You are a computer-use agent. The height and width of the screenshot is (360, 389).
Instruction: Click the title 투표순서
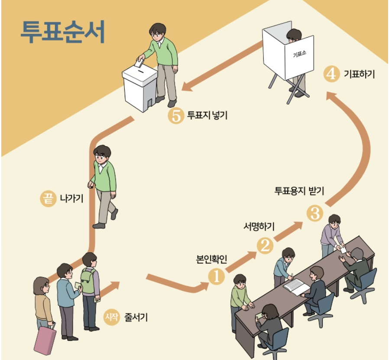coord(63,32)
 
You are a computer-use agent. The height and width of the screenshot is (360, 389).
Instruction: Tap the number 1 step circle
coord(216,276)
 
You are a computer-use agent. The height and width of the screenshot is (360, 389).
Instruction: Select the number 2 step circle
coord(265,246)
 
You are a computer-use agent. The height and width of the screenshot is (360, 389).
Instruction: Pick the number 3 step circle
coord(315,213)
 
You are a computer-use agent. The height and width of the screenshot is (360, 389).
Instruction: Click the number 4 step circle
coord(331,74)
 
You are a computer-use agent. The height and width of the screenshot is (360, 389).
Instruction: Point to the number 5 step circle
coord(176,116)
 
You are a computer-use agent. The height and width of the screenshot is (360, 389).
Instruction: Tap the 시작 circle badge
coord(110,318)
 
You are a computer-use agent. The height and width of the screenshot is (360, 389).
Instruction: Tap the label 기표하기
coord(359,74)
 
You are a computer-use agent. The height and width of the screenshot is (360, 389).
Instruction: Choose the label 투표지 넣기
coord(207,116)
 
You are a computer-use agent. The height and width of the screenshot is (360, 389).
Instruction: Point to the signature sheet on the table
coord(296,286)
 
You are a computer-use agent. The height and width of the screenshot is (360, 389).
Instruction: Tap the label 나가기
coord(71,199)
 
